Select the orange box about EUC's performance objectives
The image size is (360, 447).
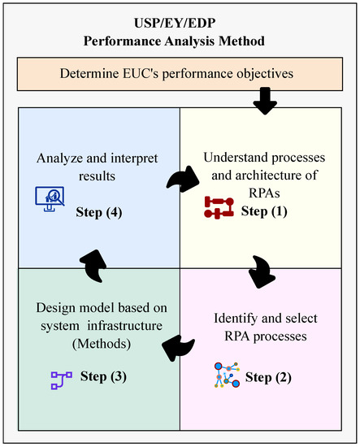(x=180, y=74)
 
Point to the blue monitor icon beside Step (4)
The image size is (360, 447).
(x=49, y=197)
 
